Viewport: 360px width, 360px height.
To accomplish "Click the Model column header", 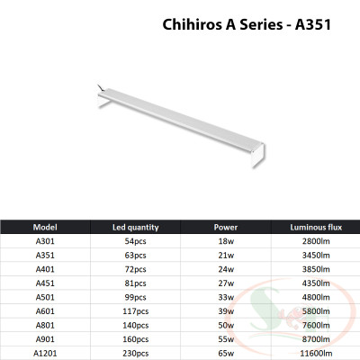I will pos(45,227).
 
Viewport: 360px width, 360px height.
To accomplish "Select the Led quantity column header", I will pos(135,227).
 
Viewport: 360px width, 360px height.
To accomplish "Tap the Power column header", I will pos(226,227).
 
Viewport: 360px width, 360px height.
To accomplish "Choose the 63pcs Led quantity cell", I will pos(135,256).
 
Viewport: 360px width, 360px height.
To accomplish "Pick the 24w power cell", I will pos(226,268).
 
